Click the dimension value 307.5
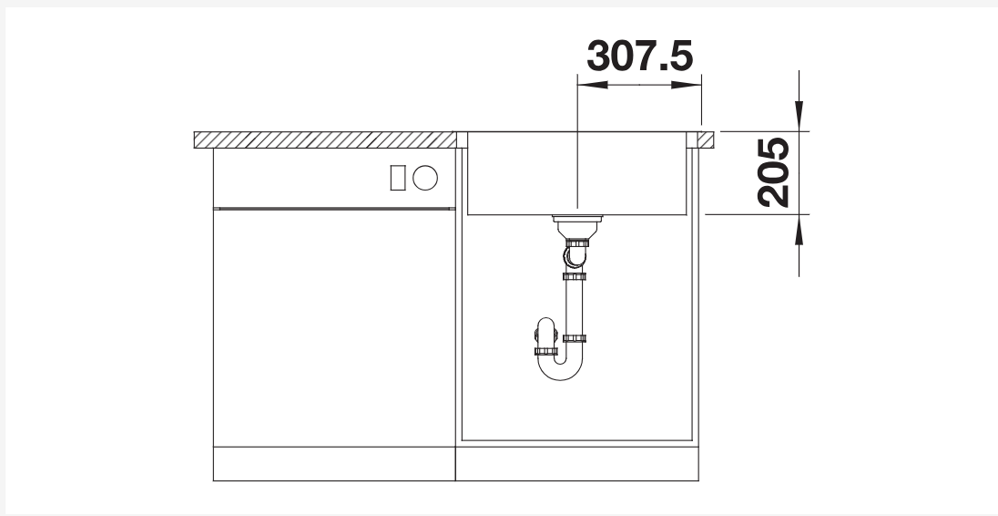[x=639, y=56]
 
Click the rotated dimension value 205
[x=773, y=172]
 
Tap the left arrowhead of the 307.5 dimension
[x=593, y=85]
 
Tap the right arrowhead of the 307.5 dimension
[x=687, y=85]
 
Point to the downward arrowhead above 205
[x=799, y=116]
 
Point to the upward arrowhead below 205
[x=799, y=230]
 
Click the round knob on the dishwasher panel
[x=425, y=178]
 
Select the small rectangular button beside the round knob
[x=398, y=178]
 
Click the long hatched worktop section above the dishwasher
[x=325, y=140]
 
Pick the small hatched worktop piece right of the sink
[x=705, y=140]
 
